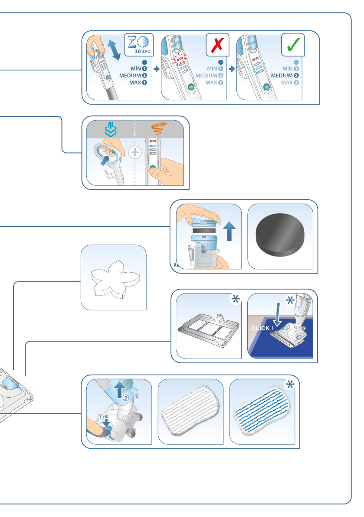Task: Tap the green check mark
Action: point(293,45)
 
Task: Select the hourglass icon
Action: point(131,42)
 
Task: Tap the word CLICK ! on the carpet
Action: point(262,328)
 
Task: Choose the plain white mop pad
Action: point(190,412)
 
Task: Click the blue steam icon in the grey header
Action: point(110,129)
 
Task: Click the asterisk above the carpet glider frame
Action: point(235,300)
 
